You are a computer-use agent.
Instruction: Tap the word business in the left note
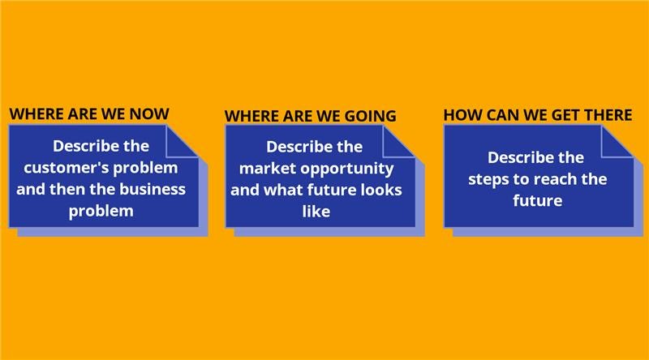[153, 189]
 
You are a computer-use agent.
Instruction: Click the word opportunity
[347, 169]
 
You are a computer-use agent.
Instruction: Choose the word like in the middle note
[316, 212]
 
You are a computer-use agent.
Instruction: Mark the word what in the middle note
[281, 190]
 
